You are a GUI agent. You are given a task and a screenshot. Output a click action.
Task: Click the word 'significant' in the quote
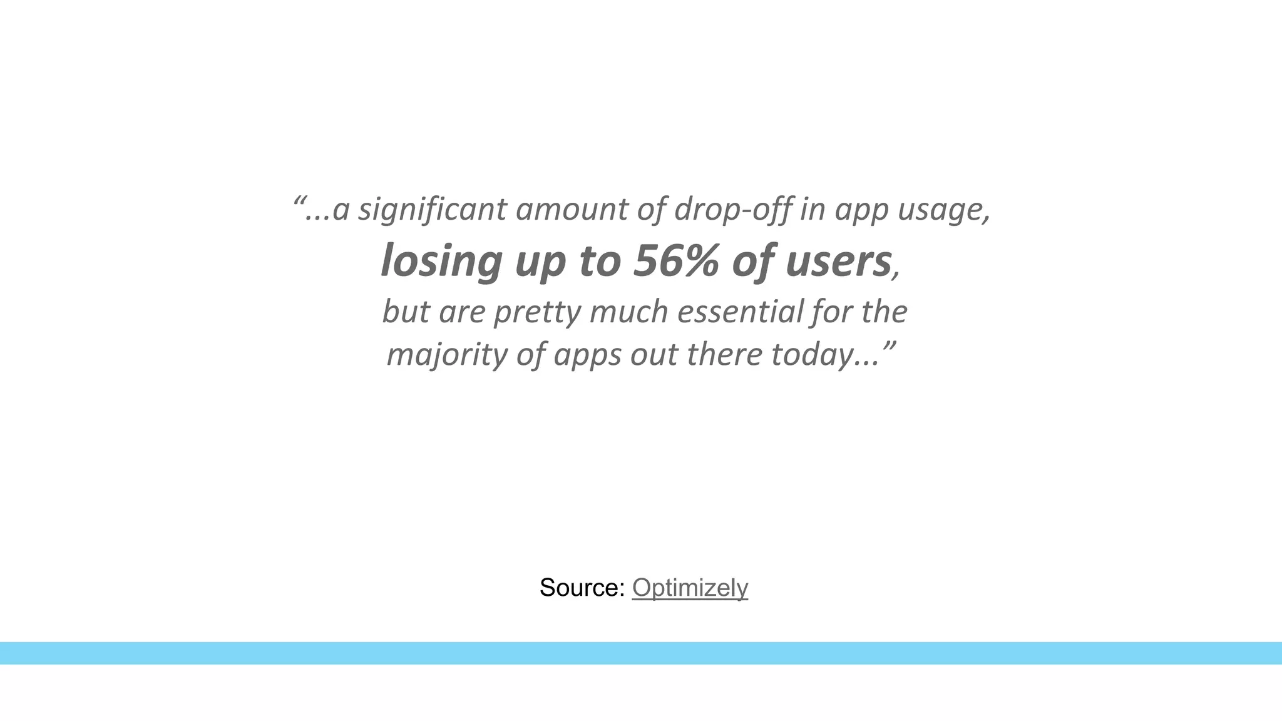[x=432, y=210]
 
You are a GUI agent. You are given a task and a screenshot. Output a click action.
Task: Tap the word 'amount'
[x=571, y=210]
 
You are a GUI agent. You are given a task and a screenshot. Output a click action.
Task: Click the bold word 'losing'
[x=441, y=262]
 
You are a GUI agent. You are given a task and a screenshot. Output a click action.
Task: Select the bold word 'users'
[x=838, y=262]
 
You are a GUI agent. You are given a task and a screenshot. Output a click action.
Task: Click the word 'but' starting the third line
[x=406, y=312]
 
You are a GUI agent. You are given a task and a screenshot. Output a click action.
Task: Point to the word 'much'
[x=628, y=312]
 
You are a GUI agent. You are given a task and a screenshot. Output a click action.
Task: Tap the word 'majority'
[x=447, y=355]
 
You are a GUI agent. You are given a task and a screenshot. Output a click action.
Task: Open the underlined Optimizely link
[x=690, y=588]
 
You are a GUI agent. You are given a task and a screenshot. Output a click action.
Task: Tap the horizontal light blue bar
[x=641, y=653]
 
